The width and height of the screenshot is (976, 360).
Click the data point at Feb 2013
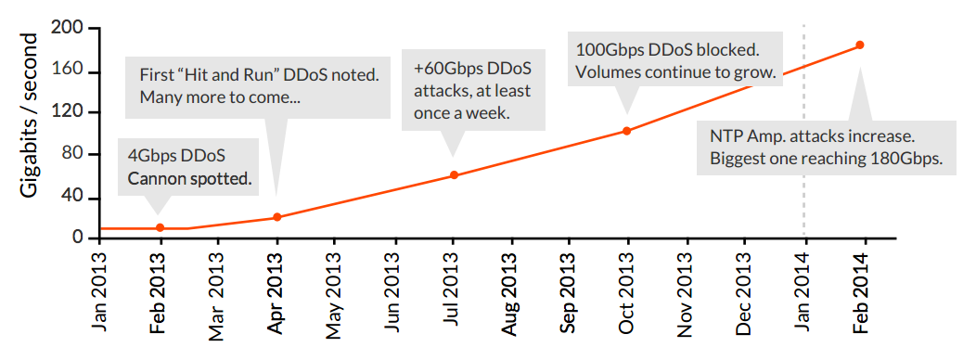point(160,227)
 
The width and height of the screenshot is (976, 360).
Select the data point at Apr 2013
point(276,217)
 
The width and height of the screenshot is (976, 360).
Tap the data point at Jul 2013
point(454,174)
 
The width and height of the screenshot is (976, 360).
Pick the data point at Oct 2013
point(627,131)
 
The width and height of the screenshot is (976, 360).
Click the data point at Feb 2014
point(860,45)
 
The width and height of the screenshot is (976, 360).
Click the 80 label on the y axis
point(75,155)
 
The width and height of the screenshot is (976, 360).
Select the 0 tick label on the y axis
point(80,238)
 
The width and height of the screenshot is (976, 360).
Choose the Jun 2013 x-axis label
point(393,288)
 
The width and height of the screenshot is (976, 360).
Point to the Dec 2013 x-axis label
point(746,288)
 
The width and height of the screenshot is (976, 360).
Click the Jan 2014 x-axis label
point(805,288)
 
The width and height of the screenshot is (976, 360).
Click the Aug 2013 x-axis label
point(511,288)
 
